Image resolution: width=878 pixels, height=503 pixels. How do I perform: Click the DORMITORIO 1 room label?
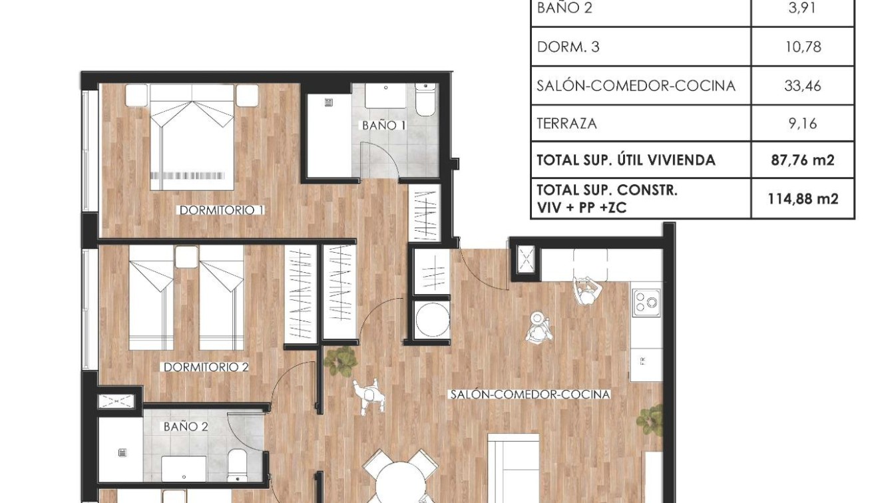pyautogui.click(x=222, y=210)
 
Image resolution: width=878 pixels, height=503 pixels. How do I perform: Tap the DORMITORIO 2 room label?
pyautogui.click(x=206, y=367)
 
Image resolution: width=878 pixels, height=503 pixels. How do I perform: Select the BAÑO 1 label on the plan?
pyautogui.click(x=383, y=125)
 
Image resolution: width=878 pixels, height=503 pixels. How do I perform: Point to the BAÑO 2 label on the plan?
pyautogui.click(x=186, y=426)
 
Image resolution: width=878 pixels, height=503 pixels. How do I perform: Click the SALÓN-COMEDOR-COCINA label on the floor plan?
pyautogui.click(x=530, y=395)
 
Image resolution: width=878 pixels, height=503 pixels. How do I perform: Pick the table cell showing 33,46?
pyautogui.click(x=802, y=86)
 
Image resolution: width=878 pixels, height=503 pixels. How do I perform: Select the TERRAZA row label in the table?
pyautogui.click(x=566, y=124)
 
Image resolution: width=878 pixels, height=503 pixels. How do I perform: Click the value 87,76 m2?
pyautogui.click(x=802, y=160)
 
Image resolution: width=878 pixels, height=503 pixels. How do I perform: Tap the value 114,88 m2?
pyautogui.click(x=802, y=198)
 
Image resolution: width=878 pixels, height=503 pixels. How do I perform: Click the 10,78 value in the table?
pyautogui.click(x=802, y=47)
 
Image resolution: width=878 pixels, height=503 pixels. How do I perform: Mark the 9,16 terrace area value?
pyautogui.click(x=802, y=124)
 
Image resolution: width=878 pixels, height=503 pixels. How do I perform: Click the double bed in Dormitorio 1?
pyautogui.click(x=192, y=140)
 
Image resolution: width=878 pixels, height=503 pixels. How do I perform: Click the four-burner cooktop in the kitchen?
pyautogui.click(x=646, y=303)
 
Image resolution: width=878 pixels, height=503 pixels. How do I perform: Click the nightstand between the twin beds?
pyautogui.click(x=186, y=257)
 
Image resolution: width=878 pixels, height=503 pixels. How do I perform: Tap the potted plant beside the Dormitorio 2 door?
pyautogui.click(x=341, y=361)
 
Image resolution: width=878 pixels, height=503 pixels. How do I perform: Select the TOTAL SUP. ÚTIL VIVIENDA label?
pyautogui.click(x=626, y=160)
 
